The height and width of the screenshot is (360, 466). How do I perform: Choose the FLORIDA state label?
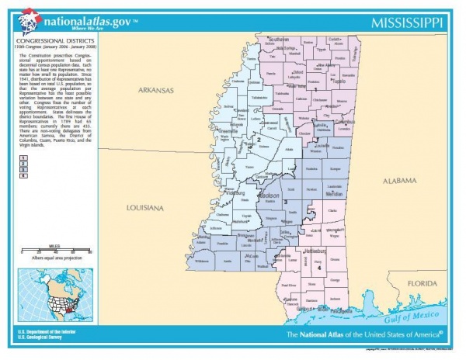(x=424, y=283)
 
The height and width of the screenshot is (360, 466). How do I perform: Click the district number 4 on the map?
(x=318, y=268)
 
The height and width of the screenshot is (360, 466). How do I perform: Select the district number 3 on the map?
(x=286, y=202)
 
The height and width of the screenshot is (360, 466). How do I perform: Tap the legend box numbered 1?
(x=23, y=157)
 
